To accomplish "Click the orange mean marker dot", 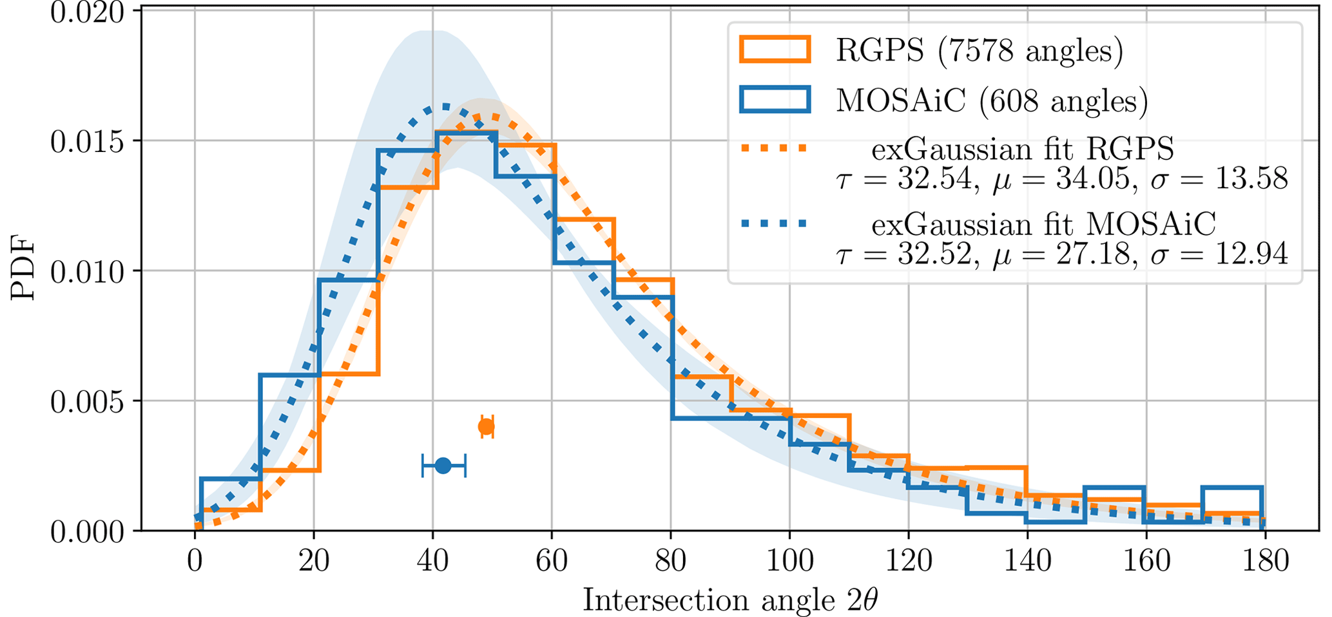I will coord(487,426).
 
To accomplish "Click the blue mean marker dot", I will coord(443,465).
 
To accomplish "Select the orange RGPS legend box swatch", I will coord(775,50).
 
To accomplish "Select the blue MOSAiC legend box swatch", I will coord(775,100).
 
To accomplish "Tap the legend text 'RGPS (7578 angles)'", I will coord(980,50).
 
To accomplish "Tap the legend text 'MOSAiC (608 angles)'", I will coord(992,100).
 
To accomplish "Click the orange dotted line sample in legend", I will coord(774,148).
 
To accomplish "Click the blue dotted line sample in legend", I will coord(774,223).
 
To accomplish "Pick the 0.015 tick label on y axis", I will coord(87,142).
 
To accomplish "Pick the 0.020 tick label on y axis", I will coord(87,13).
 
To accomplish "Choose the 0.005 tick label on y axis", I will coord(87,401).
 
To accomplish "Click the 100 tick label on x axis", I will coord(789,560).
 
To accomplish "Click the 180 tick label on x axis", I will coord(1265,560).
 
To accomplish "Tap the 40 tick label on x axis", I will coord(432,560).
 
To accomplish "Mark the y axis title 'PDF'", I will coord(23,271).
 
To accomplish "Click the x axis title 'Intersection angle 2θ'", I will coord(730,600).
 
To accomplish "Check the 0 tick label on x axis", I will coord(195,560).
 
